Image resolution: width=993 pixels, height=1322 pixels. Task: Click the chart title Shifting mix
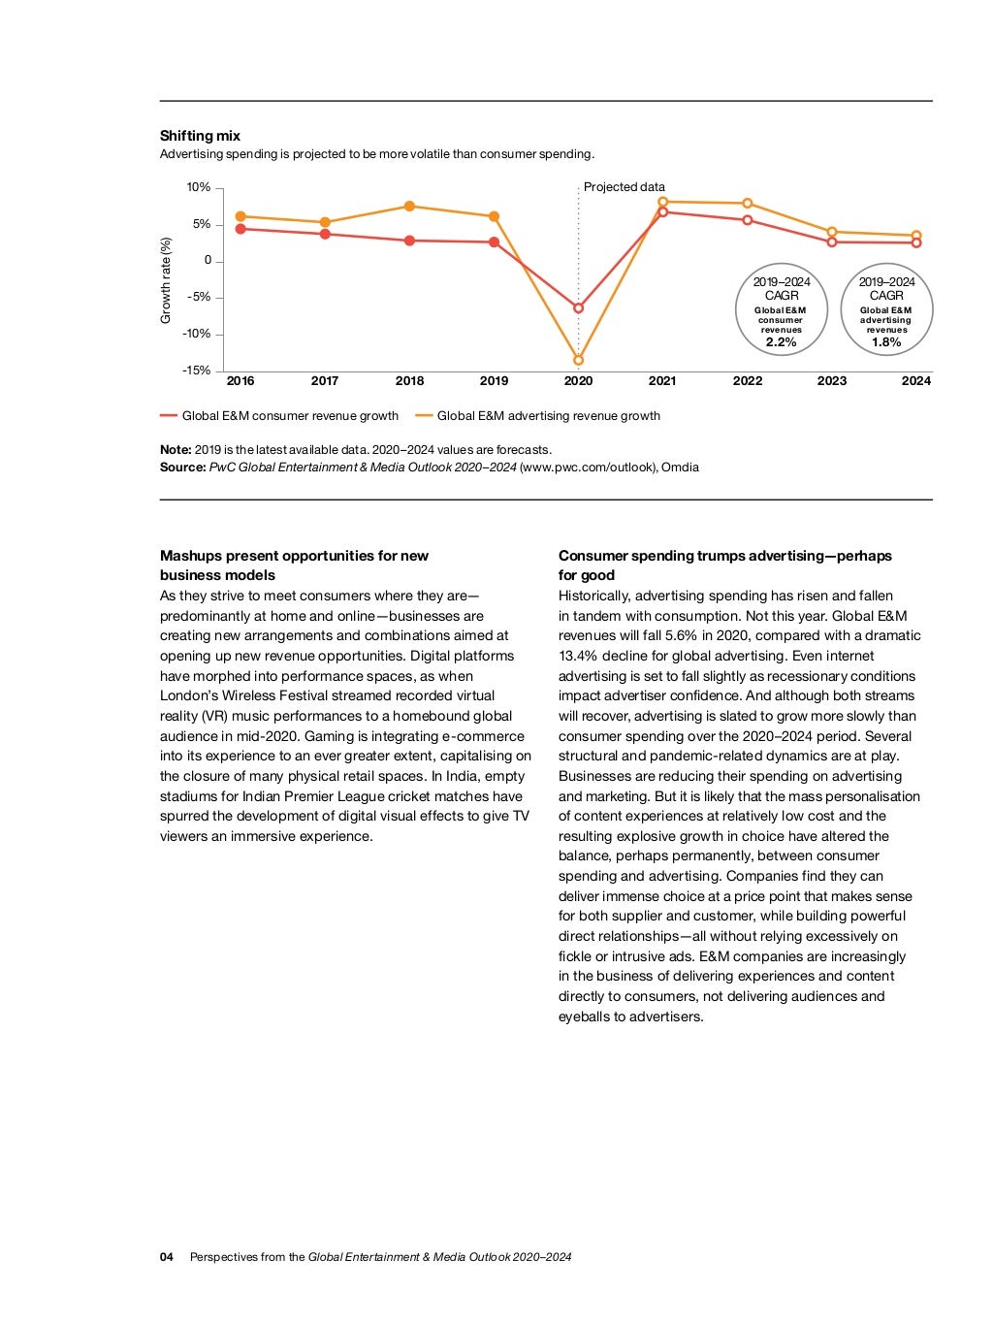click(200, 136)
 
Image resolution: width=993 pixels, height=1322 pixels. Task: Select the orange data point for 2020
click(579, 360)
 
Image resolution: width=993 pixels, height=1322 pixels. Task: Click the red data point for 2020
click(579, 308)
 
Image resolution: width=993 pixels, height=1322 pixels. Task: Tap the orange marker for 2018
click(409, 207)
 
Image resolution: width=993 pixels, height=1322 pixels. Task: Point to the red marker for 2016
click(240, 229)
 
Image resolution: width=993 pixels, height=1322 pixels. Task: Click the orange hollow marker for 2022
click(748, 204)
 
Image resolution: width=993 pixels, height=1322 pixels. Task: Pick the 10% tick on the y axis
click(198, 187)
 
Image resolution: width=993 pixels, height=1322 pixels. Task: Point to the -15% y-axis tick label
click(196, 371)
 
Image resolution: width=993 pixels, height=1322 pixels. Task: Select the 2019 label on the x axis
click(494, 381)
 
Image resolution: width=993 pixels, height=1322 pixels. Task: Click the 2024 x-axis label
click(915, 381)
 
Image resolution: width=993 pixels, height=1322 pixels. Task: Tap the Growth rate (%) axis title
click(166, 281)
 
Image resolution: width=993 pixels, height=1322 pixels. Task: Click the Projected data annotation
click(625, 187)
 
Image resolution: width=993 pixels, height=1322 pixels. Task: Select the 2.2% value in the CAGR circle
click(781, 342)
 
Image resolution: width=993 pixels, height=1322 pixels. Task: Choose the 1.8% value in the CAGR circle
click(886, 342)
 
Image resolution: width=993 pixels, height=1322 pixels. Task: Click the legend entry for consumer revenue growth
click(289, 416)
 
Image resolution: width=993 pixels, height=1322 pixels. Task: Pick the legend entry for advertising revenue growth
click(548, 416)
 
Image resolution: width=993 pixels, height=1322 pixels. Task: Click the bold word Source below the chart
click(182, 468)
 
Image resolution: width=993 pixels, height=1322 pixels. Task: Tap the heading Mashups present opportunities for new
click(294, 556)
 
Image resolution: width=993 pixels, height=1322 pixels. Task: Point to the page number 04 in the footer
click(167, 1257)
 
